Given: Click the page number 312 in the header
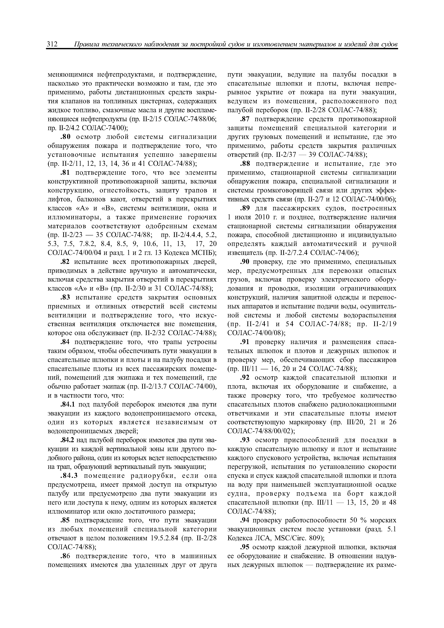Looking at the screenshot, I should (52, 44).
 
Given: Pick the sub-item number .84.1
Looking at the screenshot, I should (68, 404).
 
